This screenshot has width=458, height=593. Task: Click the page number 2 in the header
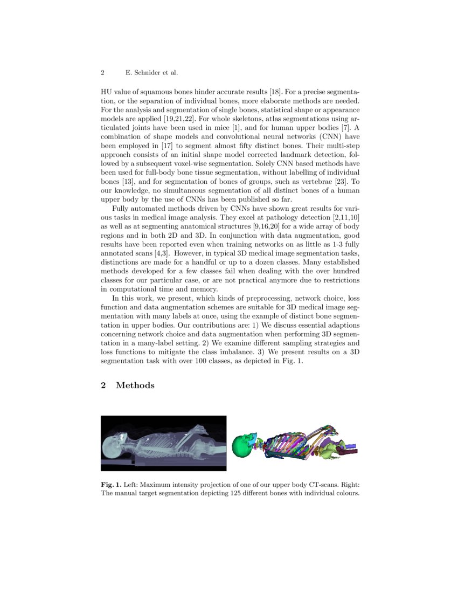click(x=102, y=72)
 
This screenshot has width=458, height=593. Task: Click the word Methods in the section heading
click(x=135, y=385)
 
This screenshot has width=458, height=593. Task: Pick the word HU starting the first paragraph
click(x=106, y=93)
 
